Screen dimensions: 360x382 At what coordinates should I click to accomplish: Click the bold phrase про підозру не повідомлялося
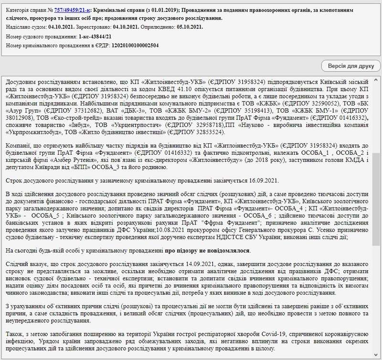(x=208, y=251)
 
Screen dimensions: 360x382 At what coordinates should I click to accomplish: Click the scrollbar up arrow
(x=376, y=80)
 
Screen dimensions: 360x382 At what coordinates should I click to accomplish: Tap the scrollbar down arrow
(x=376, y=355)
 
